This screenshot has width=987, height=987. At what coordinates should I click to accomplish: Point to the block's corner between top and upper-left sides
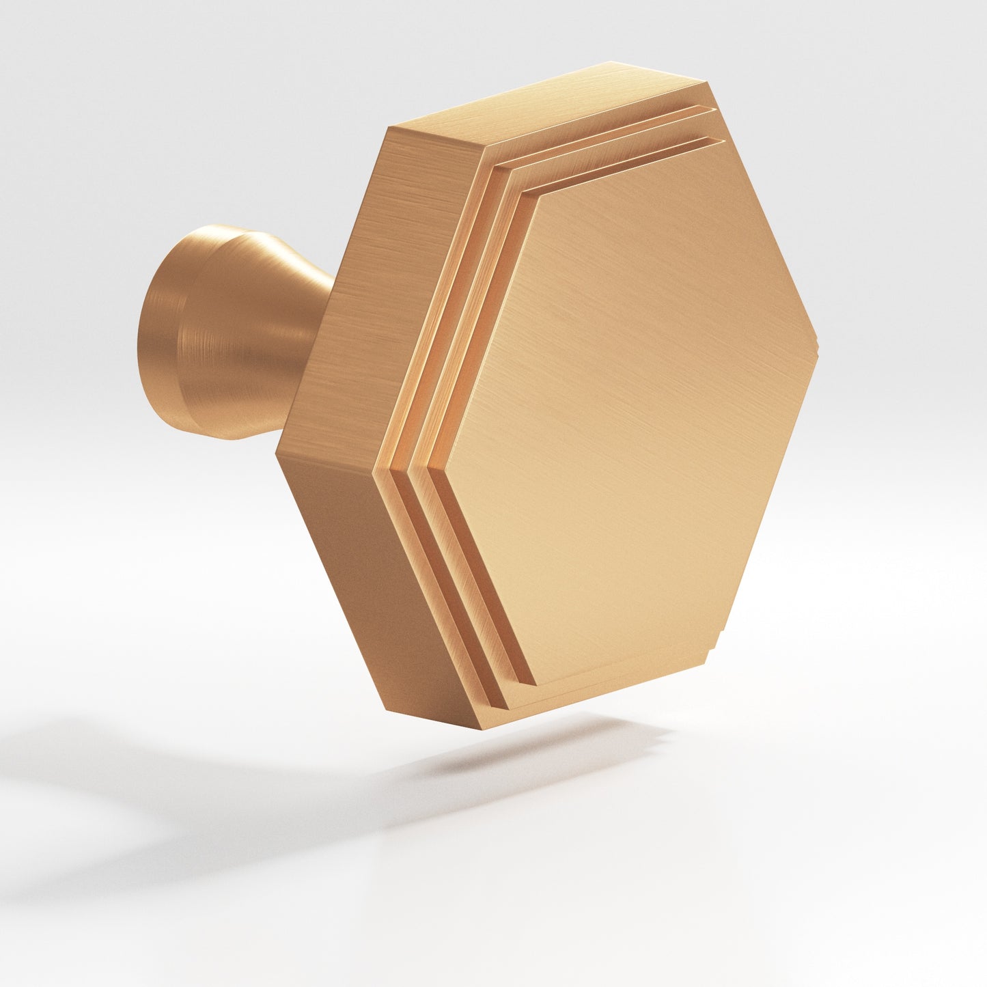click(x=389, y=128)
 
